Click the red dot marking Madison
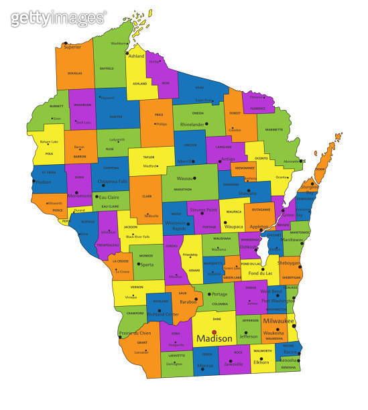[x=214, y=332]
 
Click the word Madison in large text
[x=214, y=339]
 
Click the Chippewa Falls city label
[x=112, y=182]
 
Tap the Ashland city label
[x=136, y=56]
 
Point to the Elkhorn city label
[x=261, y=362]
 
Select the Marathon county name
[x=182, y=190]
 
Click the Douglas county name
[x=74, y=73]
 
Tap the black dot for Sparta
[x=138, y=264]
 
